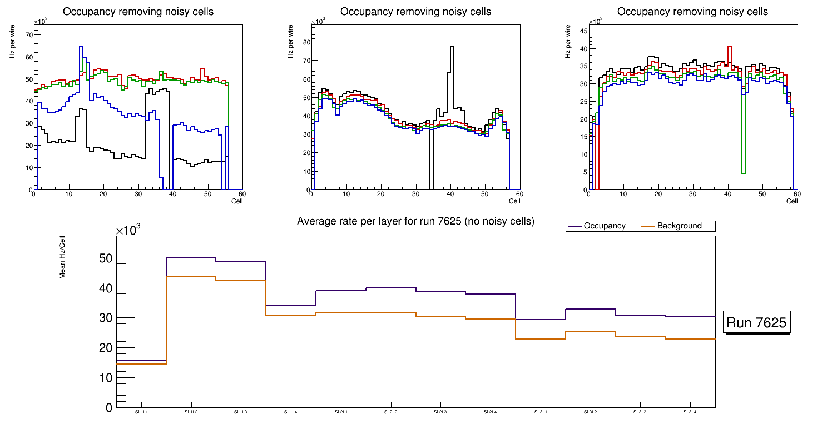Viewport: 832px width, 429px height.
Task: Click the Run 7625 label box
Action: pos(756,322)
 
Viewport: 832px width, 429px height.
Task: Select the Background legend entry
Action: pos(679,226)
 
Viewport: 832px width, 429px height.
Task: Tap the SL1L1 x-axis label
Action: pos(141,412)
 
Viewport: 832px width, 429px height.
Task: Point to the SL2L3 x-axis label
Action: pos(440,412)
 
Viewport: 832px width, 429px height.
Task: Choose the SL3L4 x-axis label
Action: pos(690,412)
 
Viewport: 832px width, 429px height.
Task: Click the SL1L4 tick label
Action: pos(291,412)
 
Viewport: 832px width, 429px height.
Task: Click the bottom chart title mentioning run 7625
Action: pos(415,221)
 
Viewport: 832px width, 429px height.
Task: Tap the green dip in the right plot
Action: pos(743,172)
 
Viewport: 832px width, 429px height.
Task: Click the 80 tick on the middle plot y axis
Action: pos(305,42)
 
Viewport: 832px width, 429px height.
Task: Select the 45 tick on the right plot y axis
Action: pos(583,31)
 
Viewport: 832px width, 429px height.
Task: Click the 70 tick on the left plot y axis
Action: pos(28,35)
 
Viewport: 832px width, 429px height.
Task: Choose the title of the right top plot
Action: pos(692,12)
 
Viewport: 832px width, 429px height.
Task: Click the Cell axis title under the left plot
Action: pos(237,201)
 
